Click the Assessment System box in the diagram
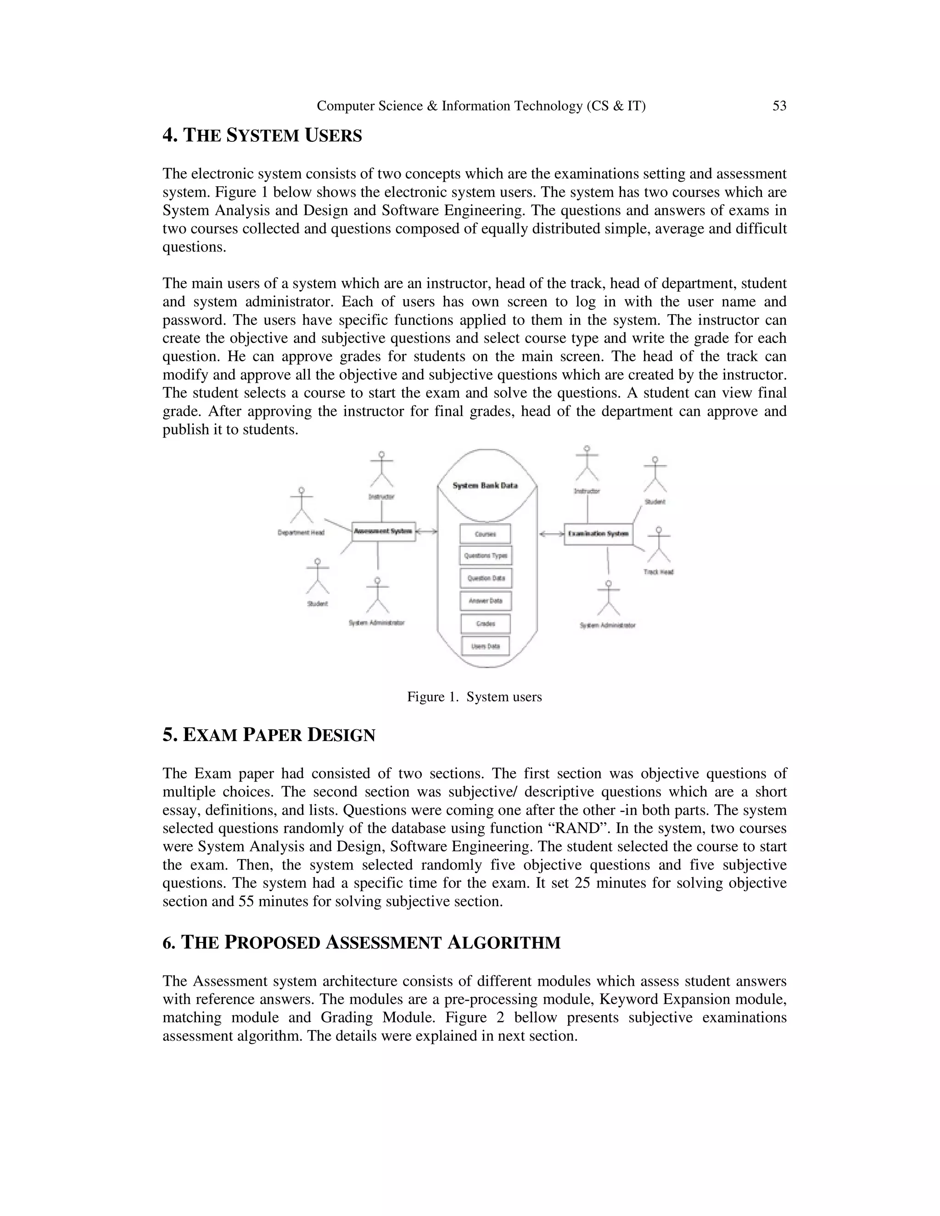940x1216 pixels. click(384, 531)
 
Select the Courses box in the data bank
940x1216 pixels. click(485, 534)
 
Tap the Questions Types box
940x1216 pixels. click(486, 556)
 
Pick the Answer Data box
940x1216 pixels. click(486, 601)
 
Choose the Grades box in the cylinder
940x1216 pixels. click(486, 624)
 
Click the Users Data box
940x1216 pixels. click(486, 647)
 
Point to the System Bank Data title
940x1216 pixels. click(485, 485)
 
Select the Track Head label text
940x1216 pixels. click(658, 572)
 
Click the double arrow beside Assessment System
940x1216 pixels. click(426, 532)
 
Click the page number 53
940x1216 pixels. click(779, 106)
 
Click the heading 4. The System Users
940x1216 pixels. click(262, 135)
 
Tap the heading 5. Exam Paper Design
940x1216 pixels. click(269, 735)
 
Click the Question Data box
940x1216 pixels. click(486, 578)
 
